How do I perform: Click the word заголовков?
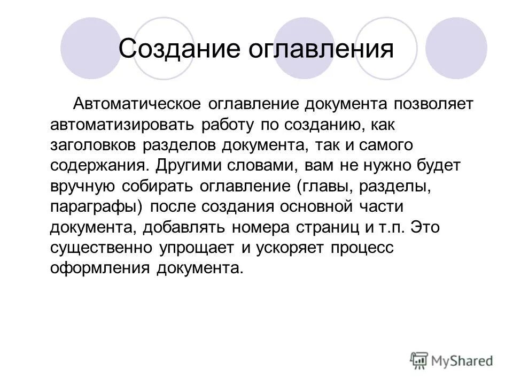pos(95,145)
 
